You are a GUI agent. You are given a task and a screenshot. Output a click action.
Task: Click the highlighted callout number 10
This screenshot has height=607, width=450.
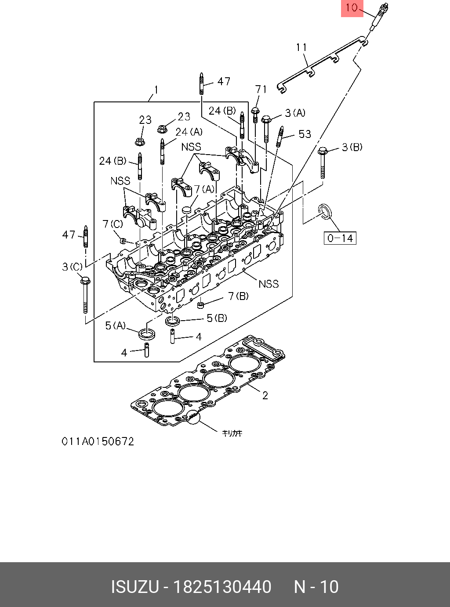352,7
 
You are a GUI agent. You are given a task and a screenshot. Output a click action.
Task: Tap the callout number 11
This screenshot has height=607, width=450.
301,47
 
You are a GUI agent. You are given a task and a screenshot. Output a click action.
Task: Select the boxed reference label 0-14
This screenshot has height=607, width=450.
340,238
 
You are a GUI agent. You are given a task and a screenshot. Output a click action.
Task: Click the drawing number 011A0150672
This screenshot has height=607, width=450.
98,441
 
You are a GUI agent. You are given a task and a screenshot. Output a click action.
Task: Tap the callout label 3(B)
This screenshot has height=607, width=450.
352,147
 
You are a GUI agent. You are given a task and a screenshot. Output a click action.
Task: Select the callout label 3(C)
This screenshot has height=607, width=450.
72,267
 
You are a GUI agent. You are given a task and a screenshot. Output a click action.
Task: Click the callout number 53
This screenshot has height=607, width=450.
305,134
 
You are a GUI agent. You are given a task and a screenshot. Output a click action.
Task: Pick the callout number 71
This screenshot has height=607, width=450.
261,89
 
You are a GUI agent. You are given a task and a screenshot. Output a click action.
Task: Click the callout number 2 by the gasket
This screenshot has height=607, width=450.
265,395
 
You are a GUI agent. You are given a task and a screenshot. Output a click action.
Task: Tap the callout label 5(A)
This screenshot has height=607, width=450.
115,325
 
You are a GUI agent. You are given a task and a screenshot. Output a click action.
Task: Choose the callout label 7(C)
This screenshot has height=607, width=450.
113,224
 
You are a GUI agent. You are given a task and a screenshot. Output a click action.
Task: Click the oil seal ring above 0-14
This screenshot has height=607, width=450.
325,211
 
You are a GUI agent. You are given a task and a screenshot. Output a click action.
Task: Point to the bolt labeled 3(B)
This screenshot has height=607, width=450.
323,163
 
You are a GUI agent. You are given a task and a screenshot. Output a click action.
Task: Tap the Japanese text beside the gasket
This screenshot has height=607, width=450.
232,434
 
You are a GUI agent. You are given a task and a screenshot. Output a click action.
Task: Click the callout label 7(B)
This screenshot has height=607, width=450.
239,296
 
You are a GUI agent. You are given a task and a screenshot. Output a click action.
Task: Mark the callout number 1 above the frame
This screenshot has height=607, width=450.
156,90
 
